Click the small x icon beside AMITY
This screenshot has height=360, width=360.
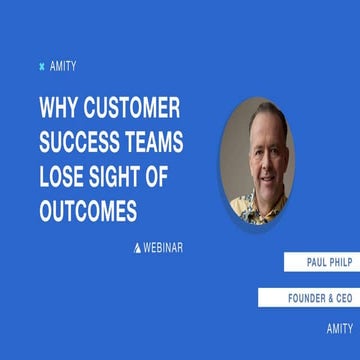[41, 67]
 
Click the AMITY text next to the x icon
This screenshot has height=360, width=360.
[62, 67]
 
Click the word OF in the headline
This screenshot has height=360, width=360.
[181, 177]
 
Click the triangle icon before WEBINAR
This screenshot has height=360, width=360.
[138, 246]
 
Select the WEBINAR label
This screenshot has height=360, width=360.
[164, 246]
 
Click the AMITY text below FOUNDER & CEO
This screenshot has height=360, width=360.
[339, 328]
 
